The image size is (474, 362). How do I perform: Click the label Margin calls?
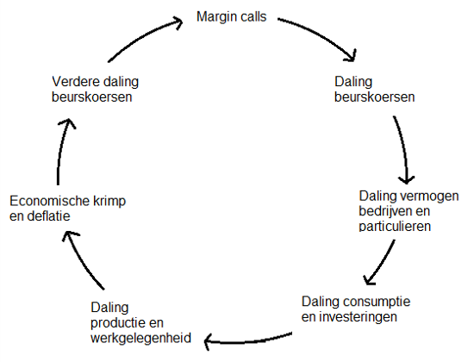point(231,16)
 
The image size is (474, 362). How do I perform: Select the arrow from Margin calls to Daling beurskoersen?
point(321,34)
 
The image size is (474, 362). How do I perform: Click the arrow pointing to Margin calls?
point(142,35)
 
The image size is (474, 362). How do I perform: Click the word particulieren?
point(395,226)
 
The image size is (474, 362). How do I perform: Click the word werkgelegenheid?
point(140,338)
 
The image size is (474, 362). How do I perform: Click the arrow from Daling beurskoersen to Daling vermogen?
point(404,148)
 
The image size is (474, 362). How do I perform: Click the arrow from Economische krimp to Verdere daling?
point(61,150)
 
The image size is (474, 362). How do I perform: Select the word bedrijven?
point(383,211)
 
